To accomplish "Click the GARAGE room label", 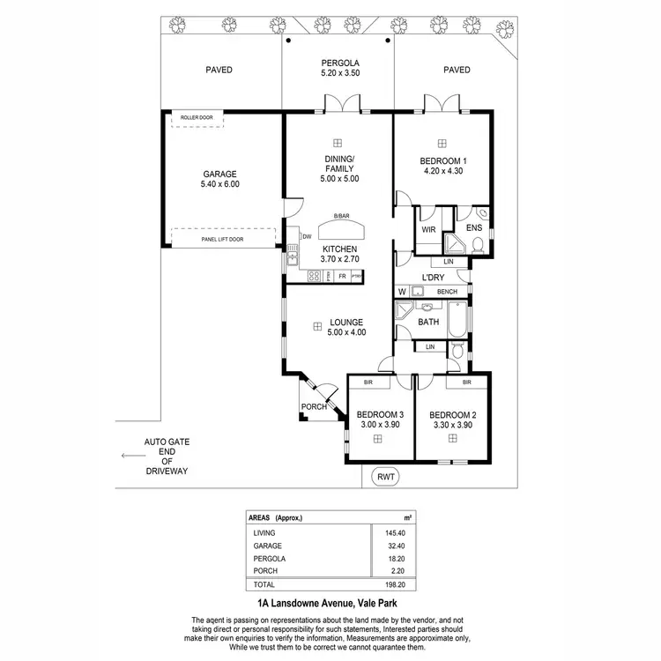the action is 220,174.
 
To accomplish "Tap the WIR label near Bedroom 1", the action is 429,229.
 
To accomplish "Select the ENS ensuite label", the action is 473,228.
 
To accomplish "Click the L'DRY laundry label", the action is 432,278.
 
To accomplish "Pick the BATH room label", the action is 428,323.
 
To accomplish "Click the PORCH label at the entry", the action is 314,407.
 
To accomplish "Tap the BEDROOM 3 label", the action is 380,415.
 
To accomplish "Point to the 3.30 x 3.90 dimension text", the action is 452,426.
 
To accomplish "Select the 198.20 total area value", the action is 395,583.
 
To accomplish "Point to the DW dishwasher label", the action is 307,236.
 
